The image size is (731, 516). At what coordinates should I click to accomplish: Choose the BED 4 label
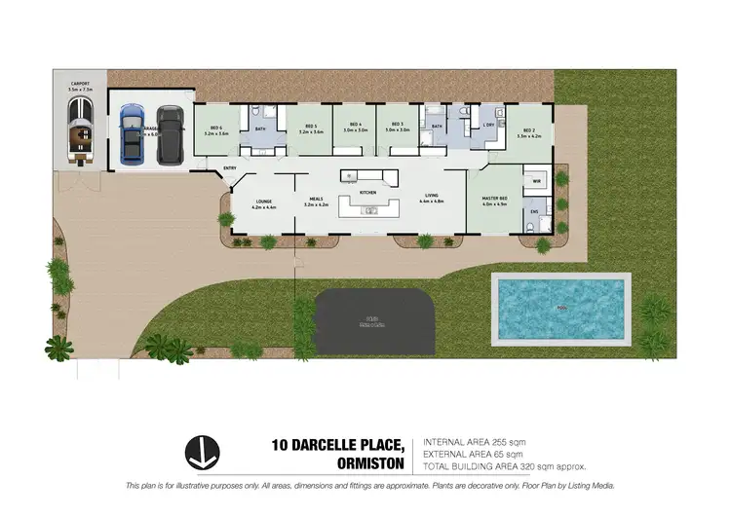(355, 125)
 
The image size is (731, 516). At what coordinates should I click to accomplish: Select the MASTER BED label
(497, 201)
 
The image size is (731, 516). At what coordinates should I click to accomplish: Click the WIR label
(537, 181)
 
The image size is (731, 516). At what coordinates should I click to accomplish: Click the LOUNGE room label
(263, 201)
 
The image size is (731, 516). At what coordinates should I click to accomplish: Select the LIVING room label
(431, 198)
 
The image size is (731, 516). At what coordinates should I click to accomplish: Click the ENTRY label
(230, 168)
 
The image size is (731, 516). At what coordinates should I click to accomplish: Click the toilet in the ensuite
(526, 227)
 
